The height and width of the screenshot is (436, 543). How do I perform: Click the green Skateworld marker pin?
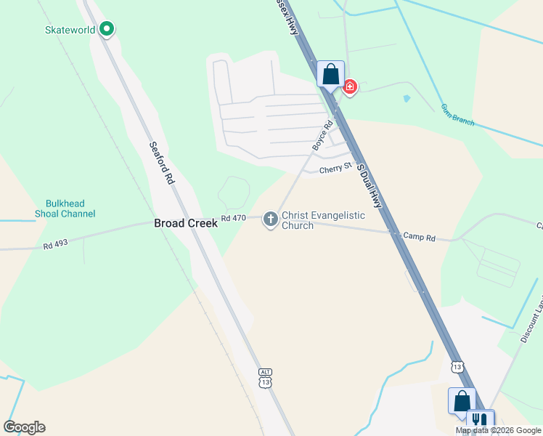pos(107,29)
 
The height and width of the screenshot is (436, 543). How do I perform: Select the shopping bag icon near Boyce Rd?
pos(330,74)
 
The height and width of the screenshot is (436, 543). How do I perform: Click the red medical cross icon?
pos(350,88)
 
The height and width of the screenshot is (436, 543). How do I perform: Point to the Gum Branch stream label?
pos(457,115)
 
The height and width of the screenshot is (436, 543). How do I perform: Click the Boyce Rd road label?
pos(322,136)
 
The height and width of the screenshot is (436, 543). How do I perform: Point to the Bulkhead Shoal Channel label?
pos(65,209)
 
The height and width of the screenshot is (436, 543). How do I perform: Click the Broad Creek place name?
pos(185,224)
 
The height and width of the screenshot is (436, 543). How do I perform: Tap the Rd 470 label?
pos(234,218)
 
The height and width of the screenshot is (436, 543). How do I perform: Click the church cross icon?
pos(270,219)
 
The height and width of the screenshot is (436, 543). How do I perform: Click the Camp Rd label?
pos(419,237)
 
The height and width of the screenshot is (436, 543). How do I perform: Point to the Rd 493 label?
pos(55,245)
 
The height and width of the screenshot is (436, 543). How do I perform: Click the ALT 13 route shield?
pos(266,378)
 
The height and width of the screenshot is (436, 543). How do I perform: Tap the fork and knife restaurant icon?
pos(479,421)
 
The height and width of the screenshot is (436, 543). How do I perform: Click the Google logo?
pos(24,427)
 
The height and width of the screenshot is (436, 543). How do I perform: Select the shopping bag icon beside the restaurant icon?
pos(462,400)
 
